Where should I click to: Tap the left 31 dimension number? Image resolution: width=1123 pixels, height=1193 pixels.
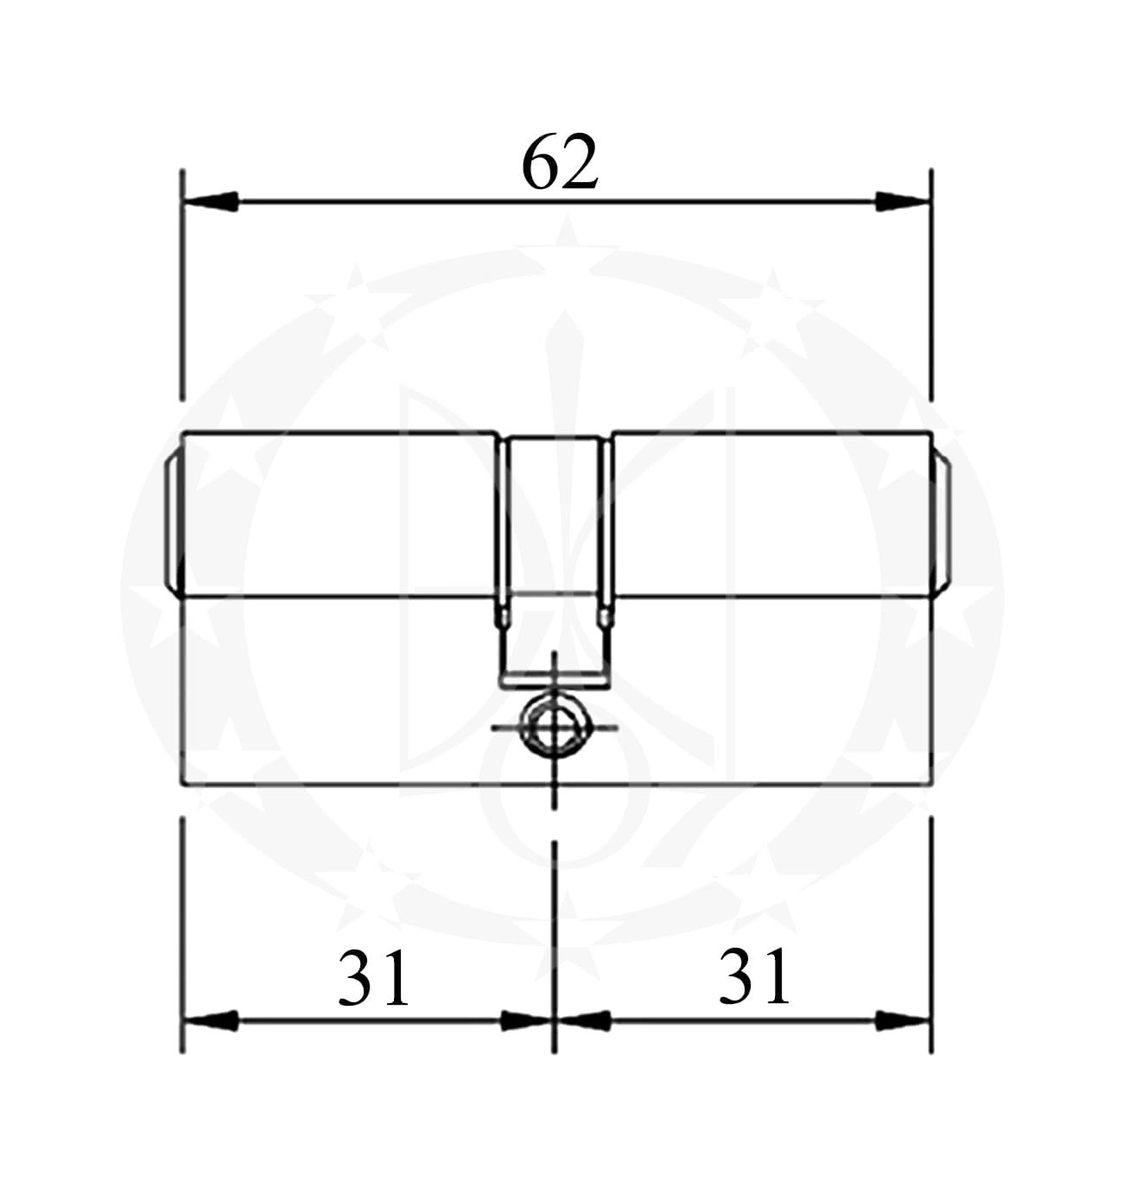(373, 977)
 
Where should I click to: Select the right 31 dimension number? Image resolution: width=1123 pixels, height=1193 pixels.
(754, 976)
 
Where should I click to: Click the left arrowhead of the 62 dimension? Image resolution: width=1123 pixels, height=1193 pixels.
(210, 201)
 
